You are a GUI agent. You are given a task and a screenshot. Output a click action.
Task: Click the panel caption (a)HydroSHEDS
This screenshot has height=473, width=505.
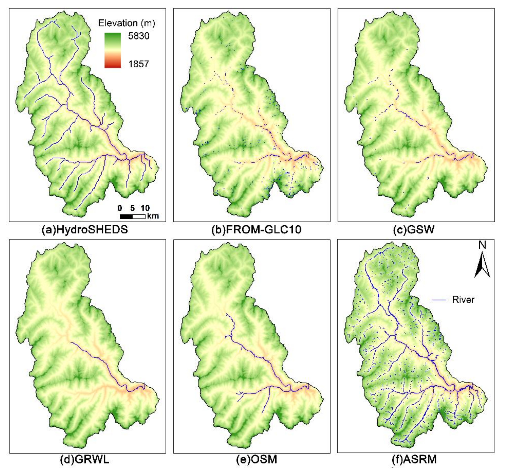(85, 230)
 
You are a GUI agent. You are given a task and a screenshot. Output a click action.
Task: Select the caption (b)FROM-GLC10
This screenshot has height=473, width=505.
(256, 230)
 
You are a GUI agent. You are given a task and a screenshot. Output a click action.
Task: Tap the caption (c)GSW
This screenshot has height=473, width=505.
(414, 230)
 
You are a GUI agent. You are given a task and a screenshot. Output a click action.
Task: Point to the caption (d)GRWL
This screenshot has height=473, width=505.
(85, 460)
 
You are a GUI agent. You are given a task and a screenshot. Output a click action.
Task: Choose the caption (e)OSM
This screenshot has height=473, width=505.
(256, 460)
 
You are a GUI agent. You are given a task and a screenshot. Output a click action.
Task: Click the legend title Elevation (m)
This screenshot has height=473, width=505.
(126, 23)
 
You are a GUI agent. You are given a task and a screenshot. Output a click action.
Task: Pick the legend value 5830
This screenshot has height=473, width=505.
(139, 36)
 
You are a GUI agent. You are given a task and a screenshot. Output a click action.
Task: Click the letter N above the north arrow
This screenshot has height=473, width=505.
(482, 245)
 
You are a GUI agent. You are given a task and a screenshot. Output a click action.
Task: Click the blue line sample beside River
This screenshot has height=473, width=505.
(439, 300)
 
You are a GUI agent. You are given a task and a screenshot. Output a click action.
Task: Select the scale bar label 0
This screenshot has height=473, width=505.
(120, 208)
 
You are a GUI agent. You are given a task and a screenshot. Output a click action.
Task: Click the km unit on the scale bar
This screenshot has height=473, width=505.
(153, 216)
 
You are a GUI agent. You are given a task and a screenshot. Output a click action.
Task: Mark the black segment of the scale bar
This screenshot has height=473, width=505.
(126, 216)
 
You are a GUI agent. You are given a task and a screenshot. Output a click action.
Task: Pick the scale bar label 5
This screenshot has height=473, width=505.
(132, 208)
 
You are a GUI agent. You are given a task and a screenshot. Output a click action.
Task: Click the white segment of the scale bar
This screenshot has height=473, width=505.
(139, 216)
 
